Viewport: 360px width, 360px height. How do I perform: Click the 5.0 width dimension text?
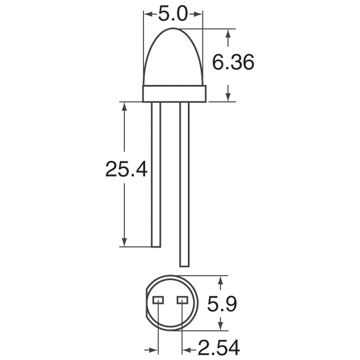[173, 14]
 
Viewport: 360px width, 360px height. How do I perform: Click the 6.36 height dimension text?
[233, 63]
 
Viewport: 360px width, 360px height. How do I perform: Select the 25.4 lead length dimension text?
[127, 169]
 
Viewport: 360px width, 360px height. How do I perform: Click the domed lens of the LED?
[174, 56]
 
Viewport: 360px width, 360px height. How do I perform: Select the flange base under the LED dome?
[174, 93]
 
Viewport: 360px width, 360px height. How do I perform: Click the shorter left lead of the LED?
[156, 174]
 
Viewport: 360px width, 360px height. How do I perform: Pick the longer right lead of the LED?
[183, 186]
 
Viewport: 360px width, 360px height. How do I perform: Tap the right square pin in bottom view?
[182, 300]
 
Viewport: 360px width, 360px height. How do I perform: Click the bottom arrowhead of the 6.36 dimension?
[228, 97]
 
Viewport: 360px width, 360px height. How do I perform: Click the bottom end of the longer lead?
[183, 264]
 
